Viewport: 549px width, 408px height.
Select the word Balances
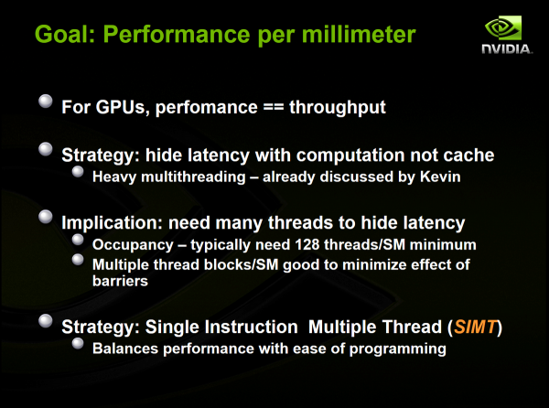[x=126, y=349]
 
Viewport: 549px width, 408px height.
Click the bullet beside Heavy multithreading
[x=80, y=175]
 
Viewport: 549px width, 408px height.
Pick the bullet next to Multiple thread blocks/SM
[x=80, y=263]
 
